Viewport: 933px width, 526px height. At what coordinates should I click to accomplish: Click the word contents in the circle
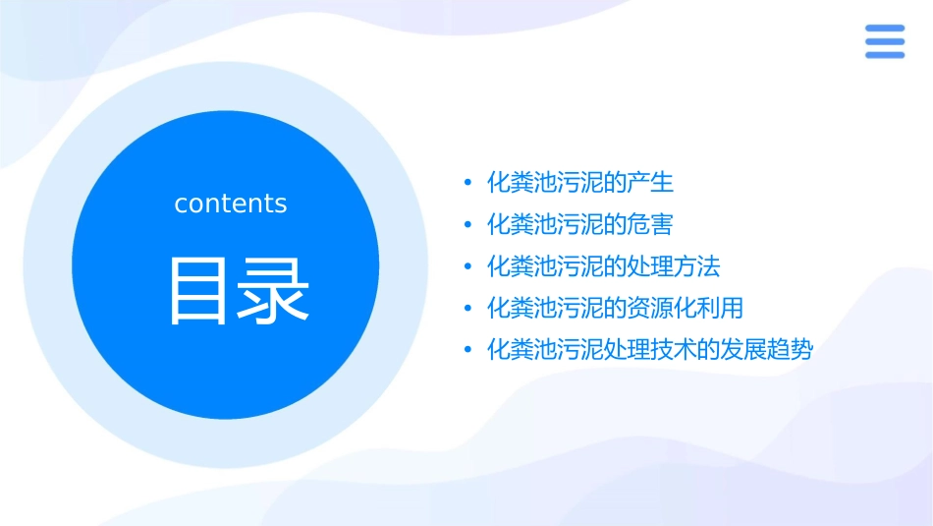coord(231,204)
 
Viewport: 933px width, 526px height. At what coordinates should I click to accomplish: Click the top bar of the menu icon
coord(884,29)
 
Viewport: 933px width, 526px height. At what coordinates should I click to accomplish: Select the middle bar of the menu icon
coord(884,41)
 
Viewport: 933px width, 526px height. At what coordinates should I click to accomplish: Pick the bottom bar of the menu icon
coord(884,54)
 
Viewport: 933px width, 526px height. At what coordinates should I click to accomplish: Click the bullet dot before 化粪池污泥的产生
coord(468,183)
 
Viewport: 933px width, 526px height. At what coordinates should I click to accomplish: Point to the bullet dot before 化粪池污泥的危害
coord(468,225)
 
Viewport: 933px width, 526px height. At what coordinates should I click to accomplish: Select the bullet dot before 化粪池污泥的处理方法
coord(468,266)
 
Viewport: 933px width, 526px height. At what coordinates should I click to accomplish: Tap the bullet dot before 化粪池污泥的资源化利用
coord(468,309)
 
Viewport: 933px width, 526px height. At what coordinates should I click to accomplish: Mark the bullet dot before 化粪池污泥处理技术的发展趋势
coord(468,350)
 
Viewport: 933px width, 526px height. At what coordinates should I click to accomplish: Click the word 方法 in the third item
coord(696,266)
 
